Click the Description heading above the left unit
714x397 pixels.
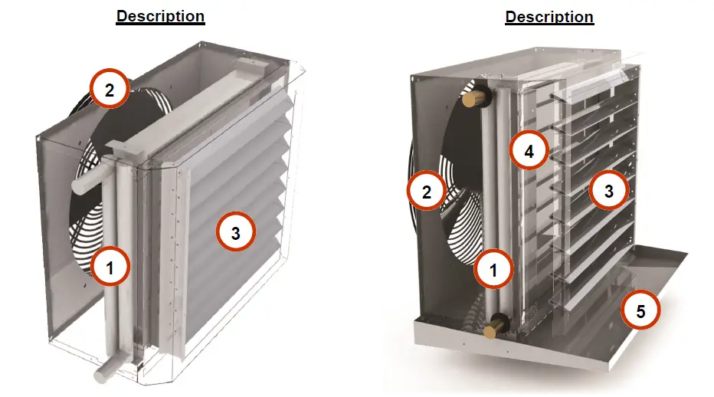point(160,16)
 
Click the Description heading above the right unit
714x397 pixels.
point(549,16)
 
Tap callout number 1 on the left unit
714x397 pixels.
point(110,267)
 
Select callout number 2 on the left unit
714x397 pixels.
point(110,90)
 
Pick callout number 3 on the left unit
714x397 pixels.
point(236,234)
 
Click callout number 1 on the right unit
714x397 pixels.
point(493,270)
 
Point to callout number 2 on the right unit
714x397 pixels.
point(427,192)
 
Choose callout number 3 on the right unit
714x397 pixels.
point(608,191)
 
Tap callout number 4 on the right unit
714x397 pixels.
point(529,152)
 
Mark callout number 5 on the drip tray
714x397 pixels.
point(640,310)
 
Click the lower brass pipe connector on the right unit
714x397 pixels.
point(492,326)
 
